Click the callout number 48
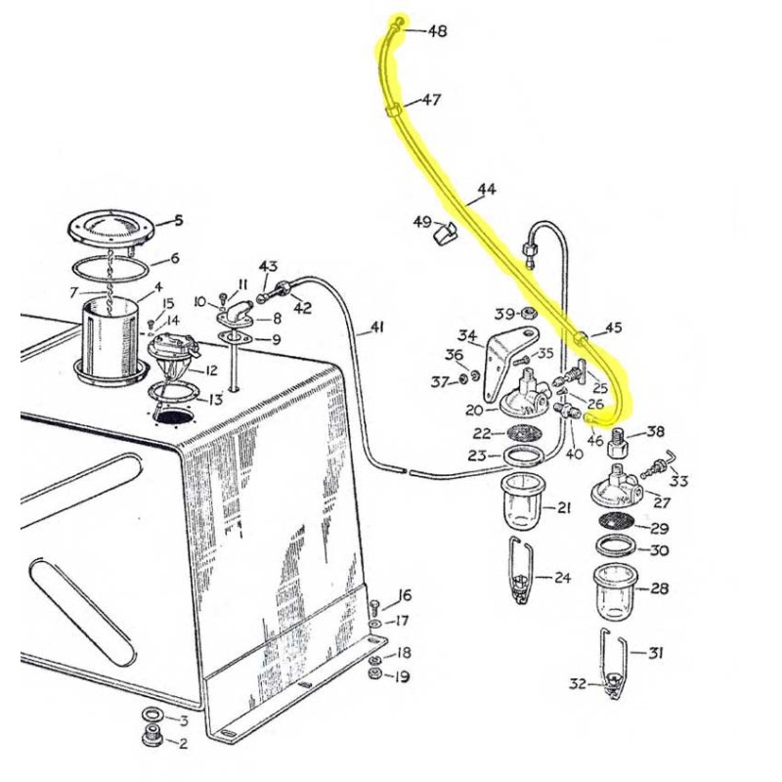click(x=437, y=32)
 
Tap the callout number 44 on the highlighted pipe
click(x=487, y=189)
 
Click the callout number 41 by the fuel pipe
click(x=377, y=328)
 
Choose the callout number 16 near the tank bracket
click(x=405, y=596)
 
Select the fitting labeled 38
click(x=619, y=445)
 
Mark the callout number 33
click(x=678, y=480)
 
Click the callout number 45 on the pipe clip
click(x=613, y=328)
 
